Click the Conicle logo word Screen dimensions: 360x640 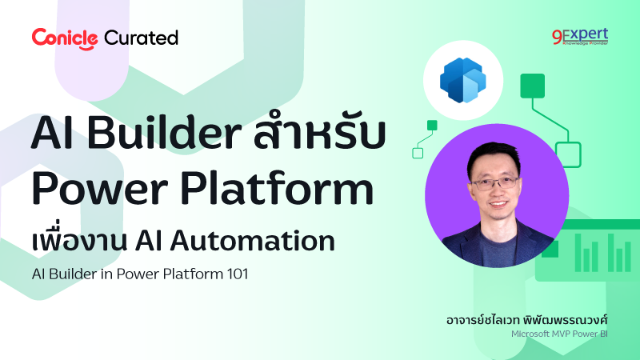coord(65,37)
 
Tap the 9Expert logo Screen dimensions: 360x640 coord(580,37)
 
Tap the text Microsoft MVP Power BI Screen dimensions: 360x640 coord(559,334)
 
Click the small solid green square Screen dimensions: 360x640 coord(432,125)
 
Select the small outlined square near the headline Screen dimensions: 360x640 coord(417,153)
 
